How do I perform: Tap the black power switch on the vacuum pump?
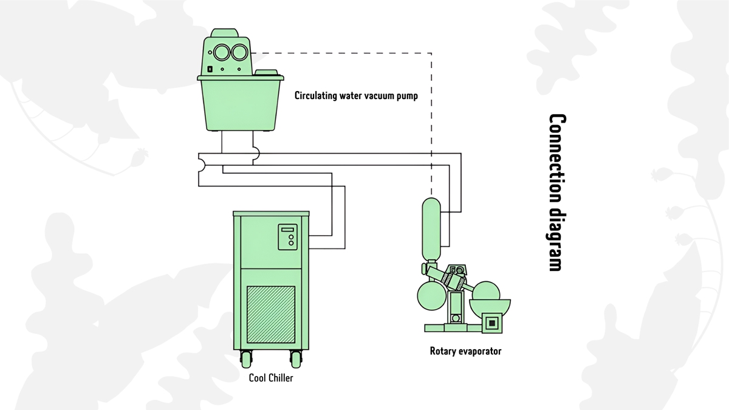point(209,69)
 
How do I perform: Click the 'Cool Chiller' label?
point(271,378)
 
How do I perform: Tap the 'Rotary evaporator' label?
point(465,351)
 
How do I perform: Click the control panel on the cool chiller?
point(289,237)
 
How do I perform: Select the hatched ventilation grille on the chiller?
point(271,313)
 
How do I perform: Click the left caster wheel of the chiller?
point(246,359)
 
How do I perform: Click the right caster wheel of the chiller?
point(296,359)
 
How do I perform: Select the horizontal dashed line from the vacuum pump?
point(340,53)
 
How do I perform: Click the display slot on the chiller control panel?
point(287,229)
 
